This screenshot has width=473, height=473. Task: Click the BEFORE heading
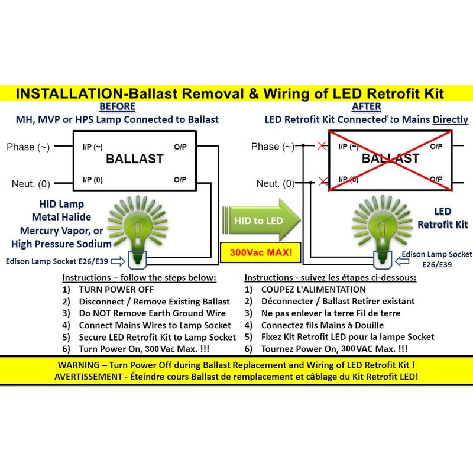[117, 107]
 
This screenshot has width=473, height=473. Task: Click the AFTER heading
[367, 107]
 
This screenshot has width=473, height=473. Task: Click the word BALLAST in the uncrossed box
[134, 159]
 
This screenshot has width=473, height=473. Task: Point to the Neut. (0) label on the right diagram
[275, 183]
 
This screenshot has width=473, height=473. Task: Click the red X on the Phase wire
[322, 146]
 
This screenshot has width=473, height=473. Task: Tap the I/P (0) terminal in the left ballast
[92, 179]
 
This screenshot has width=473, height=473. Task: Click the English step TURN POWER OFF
[116, 290]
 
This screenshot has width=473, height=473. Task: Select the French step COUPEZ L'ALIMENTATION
[313, 290]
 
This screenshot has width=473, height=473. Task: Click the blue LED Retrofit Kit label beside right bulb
[443, 218]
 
